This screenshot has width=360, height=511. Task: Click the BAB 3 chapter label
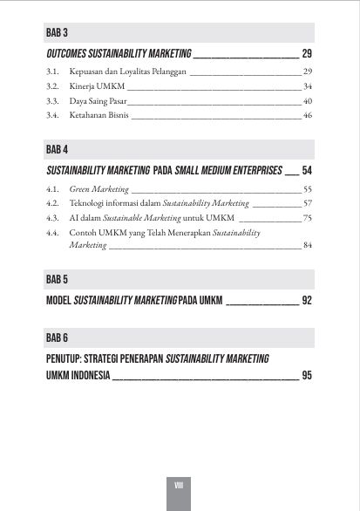58,33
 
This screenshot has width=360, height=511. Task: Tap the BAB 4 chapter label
58,149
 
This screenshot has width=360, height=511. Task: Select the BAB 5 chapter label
58,280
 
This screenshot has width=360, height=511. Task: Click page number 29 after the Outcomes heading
307,53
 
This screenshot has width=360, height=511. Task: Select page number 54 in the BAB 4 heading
307,169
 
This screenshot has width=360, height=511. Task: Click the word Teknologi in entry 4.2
87,202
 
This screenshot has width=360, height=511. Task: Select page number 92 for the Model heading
307,300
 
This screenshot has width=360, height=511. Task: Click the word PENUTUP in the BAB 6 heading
69,358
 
